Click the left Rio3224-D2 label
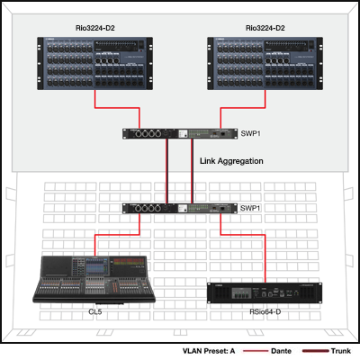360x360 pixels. point(95,28)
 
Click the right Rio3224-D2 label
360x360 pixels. point(265,28)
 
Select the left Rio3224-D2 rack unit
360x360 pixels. point(95,63)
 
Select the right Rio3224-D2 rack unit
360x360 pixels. point(265,63)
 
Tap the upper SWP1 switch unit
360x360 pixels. point(180,134)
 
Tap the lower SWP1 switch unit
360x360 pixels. point(180,208)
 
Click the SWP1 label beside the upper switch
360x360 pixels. point(251,133)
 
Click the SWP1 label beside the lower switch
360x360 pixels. point(250,208)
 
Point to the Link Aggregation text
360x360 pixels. point(231,161)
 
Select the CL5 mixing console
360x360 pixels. point(94,279)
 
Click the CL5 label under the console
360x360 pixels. point(95,312)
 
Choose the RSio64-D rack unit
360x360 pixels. point(265,293)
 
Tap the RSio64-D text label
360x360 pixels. point(265,312)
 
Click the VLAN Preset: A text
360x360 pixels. point(209,351)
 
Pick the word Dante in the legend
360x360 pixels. point(281,351)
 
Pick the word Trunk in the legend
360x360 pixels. point(341,351)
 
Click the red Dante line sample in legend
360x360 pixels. point(256,351)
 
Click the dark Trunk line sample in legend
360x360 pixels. point(316,351)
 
